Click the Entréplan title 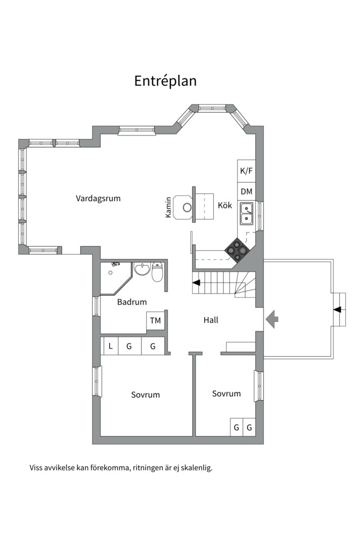[165, 81]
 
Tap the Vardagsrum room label [98, 199]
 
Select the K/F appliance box [246, 171]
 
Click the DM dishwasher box [246, 191]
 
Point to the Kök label [224, 205]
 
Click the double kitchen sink [247, 213]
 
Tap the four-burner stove [236, 250]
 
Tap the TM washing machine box [155, 321]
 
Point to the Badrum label [131, 302]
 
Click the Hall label [211, 320]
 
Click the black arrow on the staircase [197, 282]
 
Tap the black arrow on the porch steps [337, 309]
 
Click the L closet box [110, 346]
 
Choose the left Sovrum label [146, 395]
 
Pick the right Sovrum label [226, 394]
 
